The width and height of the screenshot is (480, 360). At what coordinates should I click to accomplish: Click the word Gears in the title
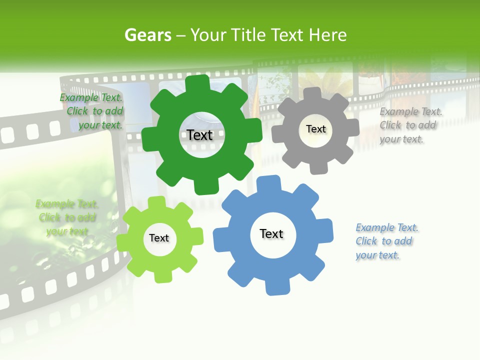(x=147, y=35)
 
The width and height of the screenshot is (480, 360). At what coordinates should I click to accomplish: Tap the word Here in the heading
(x=327, y=35)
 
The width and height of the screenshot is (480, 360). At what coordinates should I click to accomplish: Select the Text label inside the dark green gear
(x=200, y=135)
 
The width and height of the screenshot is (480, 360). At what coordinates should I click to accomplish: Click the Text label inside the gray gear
(x=315, y=129)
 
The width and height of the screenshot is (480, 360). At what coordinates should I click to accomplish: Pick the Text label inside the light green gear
(x=159, y=238)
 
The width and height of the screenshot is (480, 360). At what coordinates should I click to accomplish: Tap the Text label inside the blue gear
(x=271, y=233)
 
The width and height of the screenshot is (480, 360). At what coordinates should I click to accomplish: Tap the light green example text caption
(x=67, y=217)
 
